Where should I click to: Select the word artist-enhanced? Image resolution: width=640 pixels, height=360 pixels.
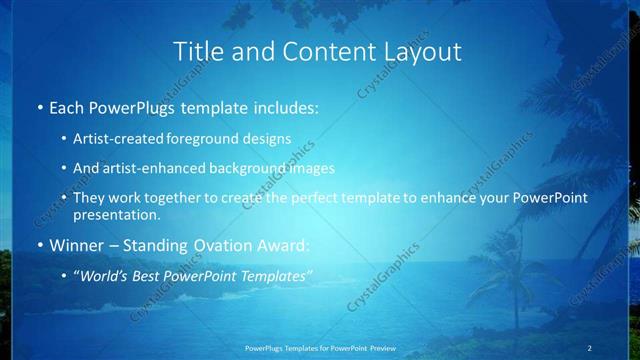(x=156, y=168)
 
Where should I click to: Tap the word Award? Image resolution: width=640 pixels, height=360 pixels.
(x=285, y=245)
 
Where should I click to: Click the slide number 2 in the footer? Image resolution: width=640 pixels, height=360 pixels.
(x=590, y=347)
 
